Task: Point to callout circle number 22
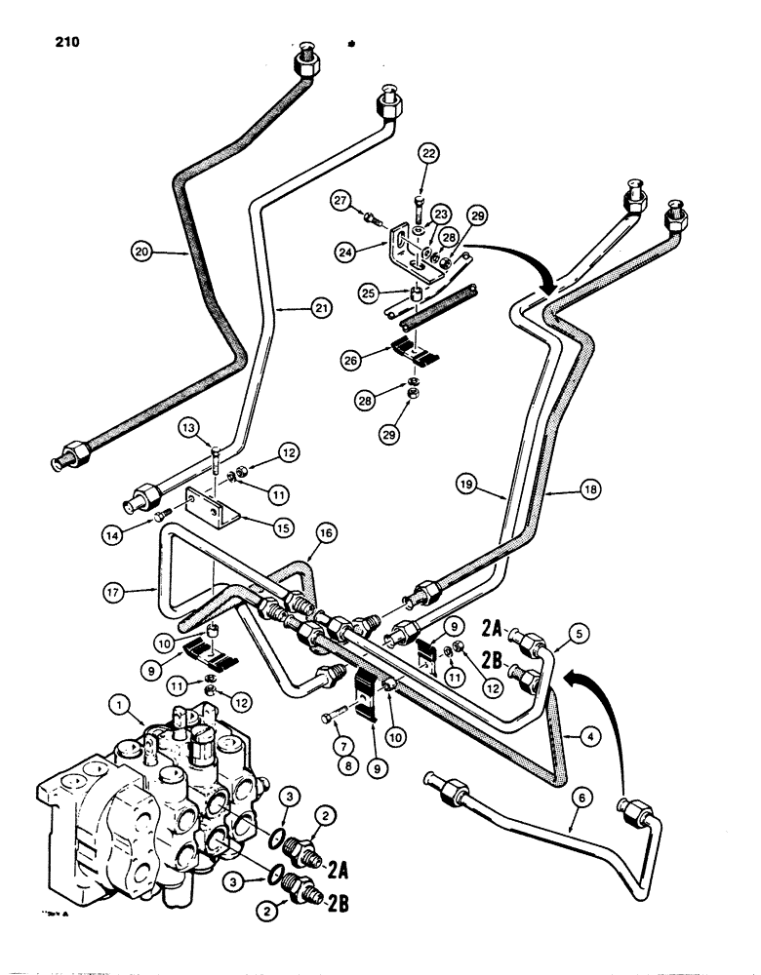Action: point(431,153)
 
